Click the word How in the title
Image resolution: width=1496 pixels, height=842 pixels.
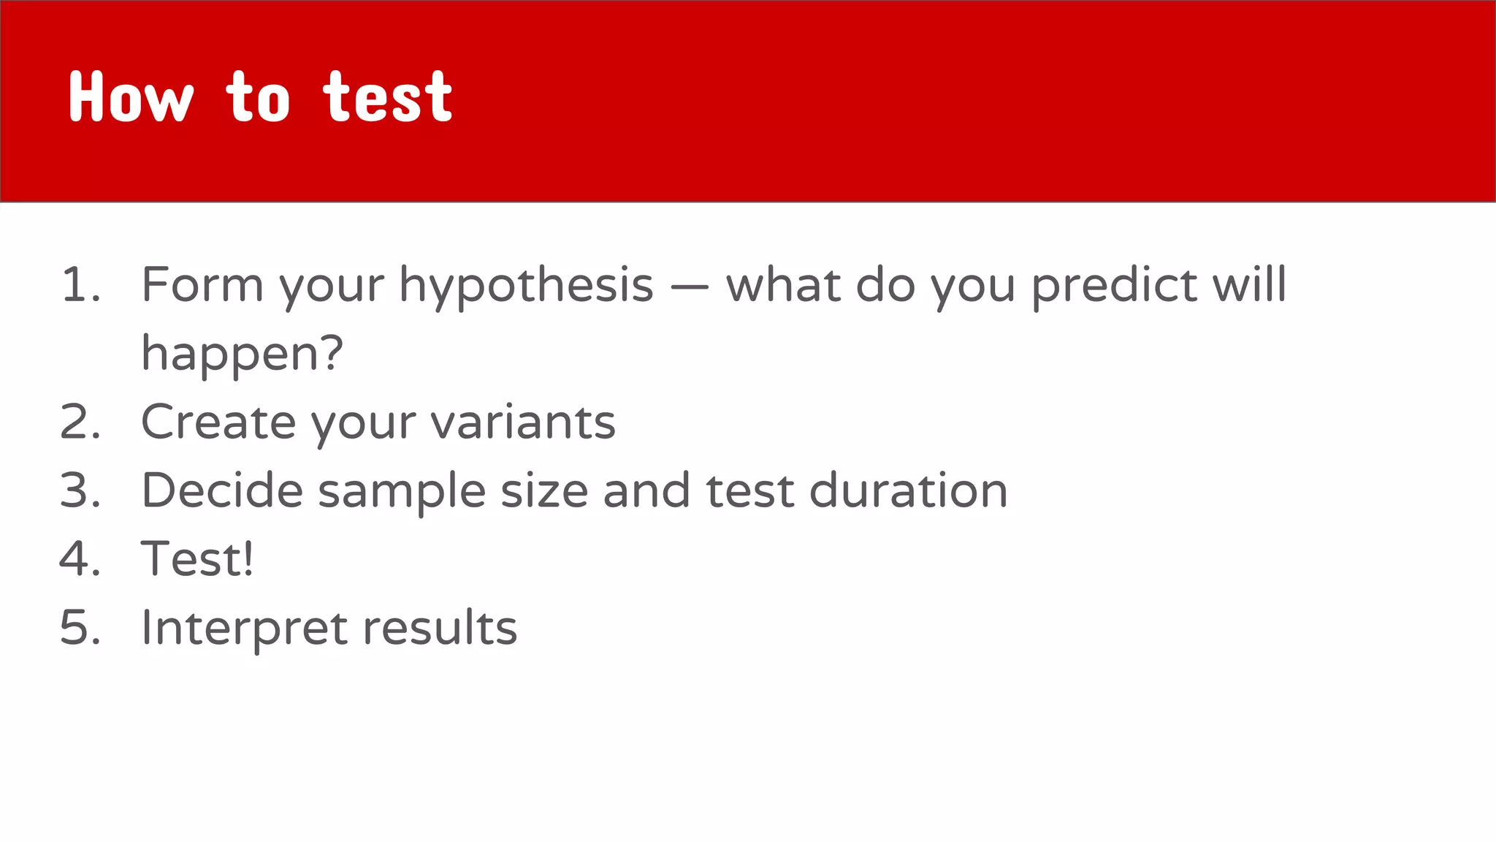pos(131,97)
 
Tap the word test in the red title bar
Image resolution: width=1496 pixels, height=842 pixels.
pos(388,97)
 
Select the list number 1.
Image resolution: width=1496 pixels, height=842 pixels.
pos(79,284)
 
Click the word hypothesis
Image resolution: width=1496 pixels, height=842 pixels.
pos(526,286)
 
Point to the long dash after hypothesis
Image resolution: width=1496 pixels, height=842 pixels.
pos(689,287)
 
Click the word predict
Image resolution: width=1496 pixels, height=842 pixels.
pos(1114,286)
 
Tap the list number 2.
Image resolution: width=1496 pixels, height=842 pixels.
pos(79,422)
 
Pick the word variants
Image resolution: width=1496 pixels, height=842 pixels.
pos(523,423)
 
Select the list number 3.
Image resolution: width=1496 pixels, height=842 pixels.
pos(79,490)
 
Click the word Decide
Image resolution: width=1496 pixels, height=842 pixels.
pos(222,490)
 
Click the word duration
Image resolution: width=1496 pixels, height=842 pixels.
pos(909,490)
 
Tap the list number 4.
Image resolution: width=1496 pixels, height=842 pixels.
pos(79,559)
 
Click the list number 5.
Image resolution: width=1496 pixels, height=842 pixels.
pos(79,628)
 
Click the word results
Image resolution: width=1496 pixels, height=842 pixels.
pos(440,628)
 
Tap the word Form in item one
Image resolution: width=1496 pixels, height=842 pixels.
pos(202,284)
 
